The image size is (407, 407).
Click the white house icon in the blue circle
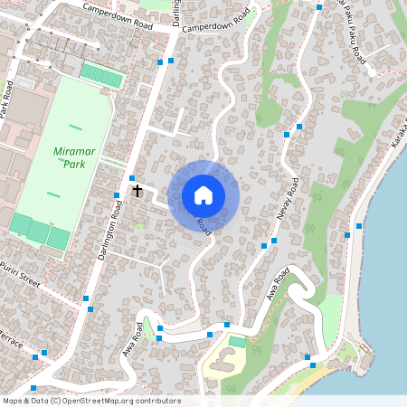(203, 195)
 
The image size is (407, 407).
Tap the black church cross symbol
(137, 191)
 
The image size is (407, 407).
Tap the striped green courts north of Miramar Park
(101, 75)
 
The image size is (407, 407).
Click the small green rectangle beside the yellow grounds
(237, 342)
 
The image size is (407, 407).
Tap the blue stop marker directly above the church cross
(132, 177)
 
